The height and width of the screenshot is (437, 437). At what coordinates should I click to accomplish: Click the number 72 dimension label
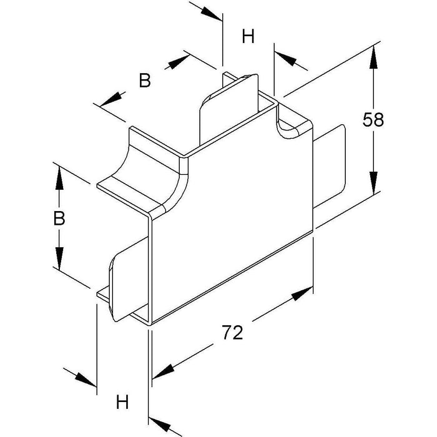coord(232,333)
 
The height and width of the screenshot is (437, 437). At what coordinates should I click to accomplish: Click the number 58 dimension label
coord(373,120)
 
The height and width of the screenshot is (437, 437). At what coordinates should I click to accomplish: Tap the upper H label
coord(248,37)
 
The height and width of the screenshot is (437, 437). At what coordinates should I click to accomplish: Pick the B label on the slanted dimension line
coord(145,81)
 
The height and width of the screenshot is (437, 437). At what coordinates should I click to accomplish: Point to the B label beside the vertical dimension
coord(59,218)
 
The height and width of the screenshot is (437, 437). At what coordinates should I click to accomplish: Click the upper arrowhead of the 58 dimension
coord(373,58)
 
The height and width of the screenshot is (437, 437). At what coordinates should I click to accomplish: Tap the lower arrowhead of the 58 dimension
coord(373,182)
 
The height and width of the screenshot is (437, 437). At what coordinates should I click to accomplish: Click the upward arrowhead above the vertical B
coord(59,179)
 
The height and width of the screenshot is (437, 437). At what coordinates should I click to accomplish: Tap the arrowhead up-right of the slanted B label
coord(181,61)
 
